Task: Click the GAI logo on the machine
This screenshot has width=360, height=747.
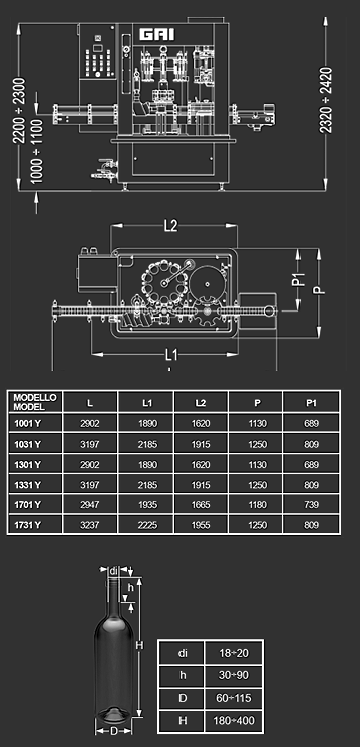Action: pyautogui.click(x=157, y=35)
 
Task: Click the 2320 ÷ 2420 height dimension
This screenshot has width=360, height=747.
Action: pyautogui.click(x=326, y=100)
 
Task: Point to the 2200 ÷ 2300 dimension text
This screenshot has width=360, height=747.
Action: pyautogui.click(x=19, y=110)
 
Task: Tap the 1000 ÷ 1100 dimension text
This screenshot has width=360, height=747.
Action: pyautogui.click(x=37, y=151)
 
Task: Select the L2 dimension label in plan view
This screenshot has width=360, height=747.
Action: pyautogui.click(x=171, y=226)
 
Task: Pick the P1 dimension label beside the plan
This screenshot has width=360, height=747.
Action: pyautogui.click(x=301, y=279)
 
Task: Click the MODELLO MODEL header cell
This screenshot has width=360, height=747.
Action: pyautogui.click(x=35, y=402)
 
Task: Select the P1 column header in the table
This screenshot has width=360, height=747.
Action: pyautogui.click(x=311, y=403)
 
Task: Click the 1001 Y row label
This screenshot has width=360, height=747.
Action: pyautogui.click(x=28, y=424)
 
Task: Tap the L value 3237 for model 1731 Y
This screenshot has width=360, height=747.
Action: pyautogui.click(x=89, y=525)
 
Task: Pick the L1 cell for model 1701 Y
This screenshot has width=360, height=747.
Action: pyautogui.click(x=147, y=505)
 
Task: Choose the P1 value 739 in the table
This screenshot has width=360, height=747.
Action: pyautogui.click(x=311, y=505)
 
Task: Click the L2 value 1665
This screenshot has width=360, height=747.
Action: pyautogui.click(x=201, y=505)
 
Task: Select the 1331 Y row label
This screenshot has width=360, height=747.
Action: pyautogui.click(x=28, y=484)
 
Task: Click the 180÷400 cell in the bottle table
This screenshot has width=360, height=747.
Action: pyautogui.click(x=234, y=720)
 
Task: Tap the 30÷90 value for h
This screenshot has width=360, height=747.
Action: pyautogui.click(x=233, y=675)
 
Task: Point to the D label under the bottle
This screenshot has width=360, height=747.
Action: pyautogui.click(x=114, y=731)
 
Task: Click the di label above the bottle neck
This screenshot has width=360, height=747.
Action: pyautogui.click(x=113, y=571)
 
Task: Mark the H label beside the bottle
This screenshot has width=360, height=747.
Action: pyautogui.click(x=140, y=646)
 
